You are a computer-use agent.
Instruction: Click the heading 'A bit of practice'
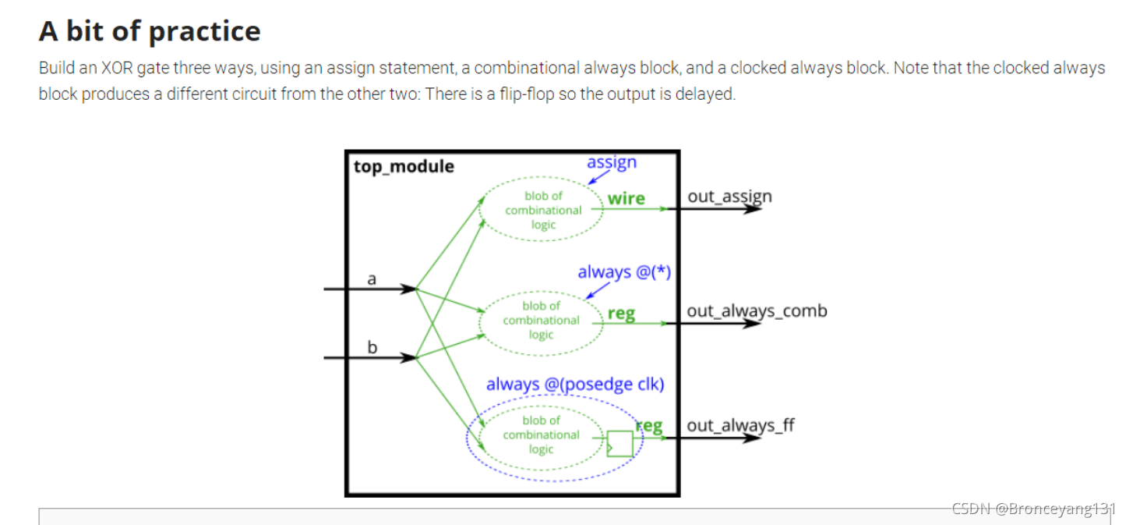tap(150, 31)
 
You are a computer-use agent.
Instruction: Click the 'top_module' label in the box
tap(404, 166)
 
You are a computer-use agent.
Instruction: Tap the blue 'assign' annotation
tap(612, 162)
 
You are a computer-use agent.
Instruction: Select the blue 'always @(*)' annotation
tap(624, 272)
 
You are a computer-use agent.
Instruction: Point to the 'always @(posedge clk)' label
tap(575, 384)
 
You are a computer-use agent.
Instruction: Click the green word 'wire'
tap(627, 198)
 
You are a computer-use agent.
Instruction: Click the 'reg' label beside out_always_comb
tap(621, 314)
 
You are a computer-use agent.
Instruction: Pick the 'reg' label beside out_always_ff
tap(649, 426)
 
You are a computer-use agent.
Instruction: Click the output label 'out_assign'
tap(729, 196)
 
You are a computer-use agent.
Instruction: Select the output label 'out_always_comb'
tap(757, 310)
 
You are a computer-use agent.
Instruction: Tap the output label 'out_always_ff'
tap(740, 425)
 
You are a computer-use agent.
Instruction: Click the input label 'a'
tap(372, 278)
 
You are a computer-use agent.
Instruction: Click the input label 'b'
tap(372, 347)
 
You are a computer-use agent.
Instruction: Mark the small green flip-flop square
tap(620, 443)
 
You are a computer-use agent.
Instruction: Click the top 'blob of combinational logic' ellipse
tap(542, 210)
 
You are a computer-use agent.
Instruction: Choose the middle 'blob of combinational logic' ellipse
tap(541, 320)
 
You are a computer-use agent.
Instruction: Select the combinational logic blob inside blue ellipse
tap(541, 435)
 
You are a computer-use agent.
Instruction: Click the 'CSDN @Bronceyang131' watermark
tap(1033, 509)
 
